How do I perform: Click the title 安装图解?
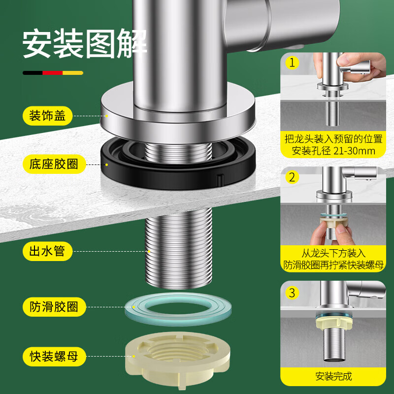(85, 43)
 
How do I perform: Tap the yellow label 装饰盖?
(47, 116)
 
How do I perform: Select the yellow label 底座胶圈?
(54, 164)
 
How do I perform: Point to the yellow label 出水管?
(47, 251)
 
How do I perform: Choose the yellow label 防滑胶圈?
(54, 307)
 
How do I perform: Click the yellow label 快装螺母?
(54, 356)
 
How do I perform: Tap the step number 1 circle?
(292, 63)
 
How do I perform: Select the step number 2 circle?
(292, 177)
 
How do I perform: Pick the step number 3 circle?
(292, 293)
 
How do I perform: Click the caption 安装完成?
(333, 376)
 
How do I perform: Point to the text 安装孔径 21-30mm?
(333, 151)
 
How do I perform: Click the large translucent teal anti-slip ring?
(178, 318)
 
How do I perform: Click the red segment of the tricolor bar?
(53, 73)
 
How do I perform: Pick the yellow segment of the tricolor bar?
(73, 73)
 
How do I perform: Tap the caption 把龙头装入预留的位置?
(333, 139)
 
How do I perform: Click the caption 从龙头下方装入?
(333, 253)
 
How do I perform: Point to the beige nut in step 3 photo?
(333, 324)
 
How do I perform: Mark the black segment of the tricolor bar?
(33, 73)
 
